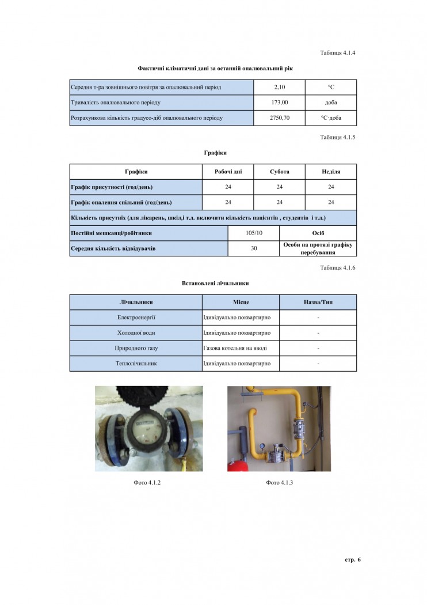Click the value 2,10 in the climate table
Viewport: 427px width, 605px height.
pyautogui.click(x=279, y=87)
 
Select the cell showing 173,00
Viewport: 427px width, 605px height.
pyautogui.click(x=279, y=103)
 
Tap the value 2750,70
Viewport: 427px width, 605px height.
pyautogui.click(x=279, y=118)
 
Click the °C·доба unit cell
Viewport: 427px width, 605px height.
pyautogui.click(x=331, y=118)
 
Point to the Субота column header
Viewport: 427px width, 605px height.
pyautogui.click(x=279, y=172)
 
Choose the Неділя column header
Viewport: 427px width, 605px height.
pyautogui.click(x=331, y=172)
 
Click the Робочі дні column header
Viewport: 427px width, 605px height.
pyautogui.click(x=228, y=172)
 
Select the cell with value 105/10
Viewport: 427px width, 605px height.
pyautogui.click(x=254, y=233)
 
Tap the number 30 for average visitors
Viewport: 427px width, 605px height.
pyautogui.click(x=254, y=248)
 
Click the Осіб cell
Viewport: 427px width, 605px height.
pyautogui.click(x=318, y=233)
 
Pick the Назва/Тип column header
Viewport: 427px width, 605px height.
pyautogui.click(x=318, y=302)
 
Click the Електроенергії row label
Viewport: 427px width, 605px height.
pyautogui.click(x=136, y=317)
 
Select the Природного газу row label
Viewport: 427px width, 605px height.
pyautogui.click(x=136, y=349)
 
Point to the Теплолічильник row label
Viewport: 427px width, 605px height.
pyautogui.click(x=136, y=364)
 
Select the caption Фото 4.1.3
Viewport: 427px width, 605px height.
pyautogui.click(x=280, y=482)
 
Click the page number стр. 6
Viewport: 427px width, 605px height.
pyautogui.click(x=352, y=559)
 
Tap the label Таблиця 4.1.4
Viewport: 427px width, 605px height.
pyautogui.click(x=338, y=53)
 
